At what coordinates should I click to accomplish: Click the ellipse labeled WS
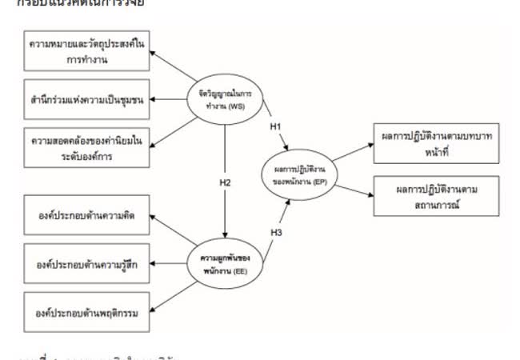click(225, 98)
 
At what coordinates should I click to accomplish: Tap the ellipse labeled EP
click(303, 175)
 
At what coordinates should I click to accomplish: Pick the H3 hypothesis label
click(276, 233)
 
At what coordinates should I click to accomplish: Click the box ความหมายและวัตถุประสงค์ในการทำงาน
click(89, 49)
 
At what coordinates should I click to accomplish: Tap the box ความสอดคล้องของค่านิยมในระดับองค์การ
click(89, 148)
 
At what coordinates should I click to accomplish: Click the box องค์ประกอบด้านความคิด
click(89, 214)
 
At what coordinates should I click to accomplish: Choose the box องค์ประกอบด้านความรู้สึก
click(89, 263)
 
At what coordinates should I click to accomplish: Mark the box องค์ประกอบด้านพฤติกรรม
click(89, 313)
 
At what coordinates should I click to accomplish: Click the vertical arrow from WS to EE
click(225, 176)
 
